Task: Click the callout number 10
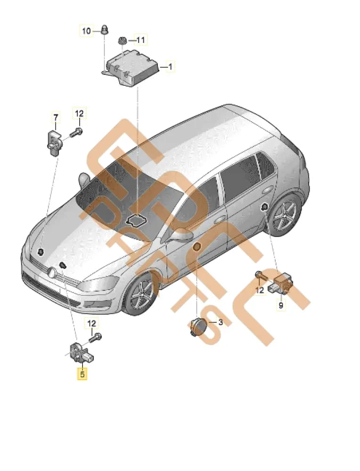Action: (x=86, y=31)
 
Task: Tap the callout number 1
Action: (x=171, y=67)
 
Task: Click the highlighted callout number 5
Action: (x=82, y=374)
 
